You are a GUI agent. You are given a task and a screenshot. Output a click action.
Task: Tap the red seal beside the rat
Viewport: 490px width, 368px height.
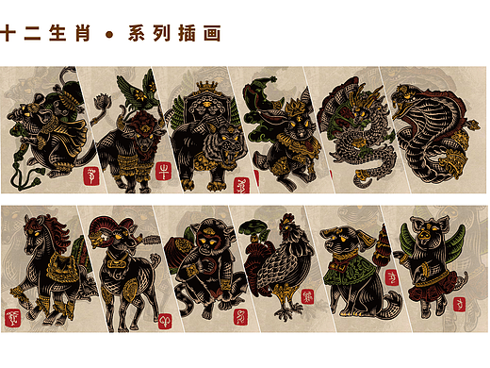click(92, 176)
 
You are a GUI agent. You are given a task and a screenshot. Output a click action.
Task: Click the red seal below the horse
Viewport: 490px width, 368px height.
click(15, 315)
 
